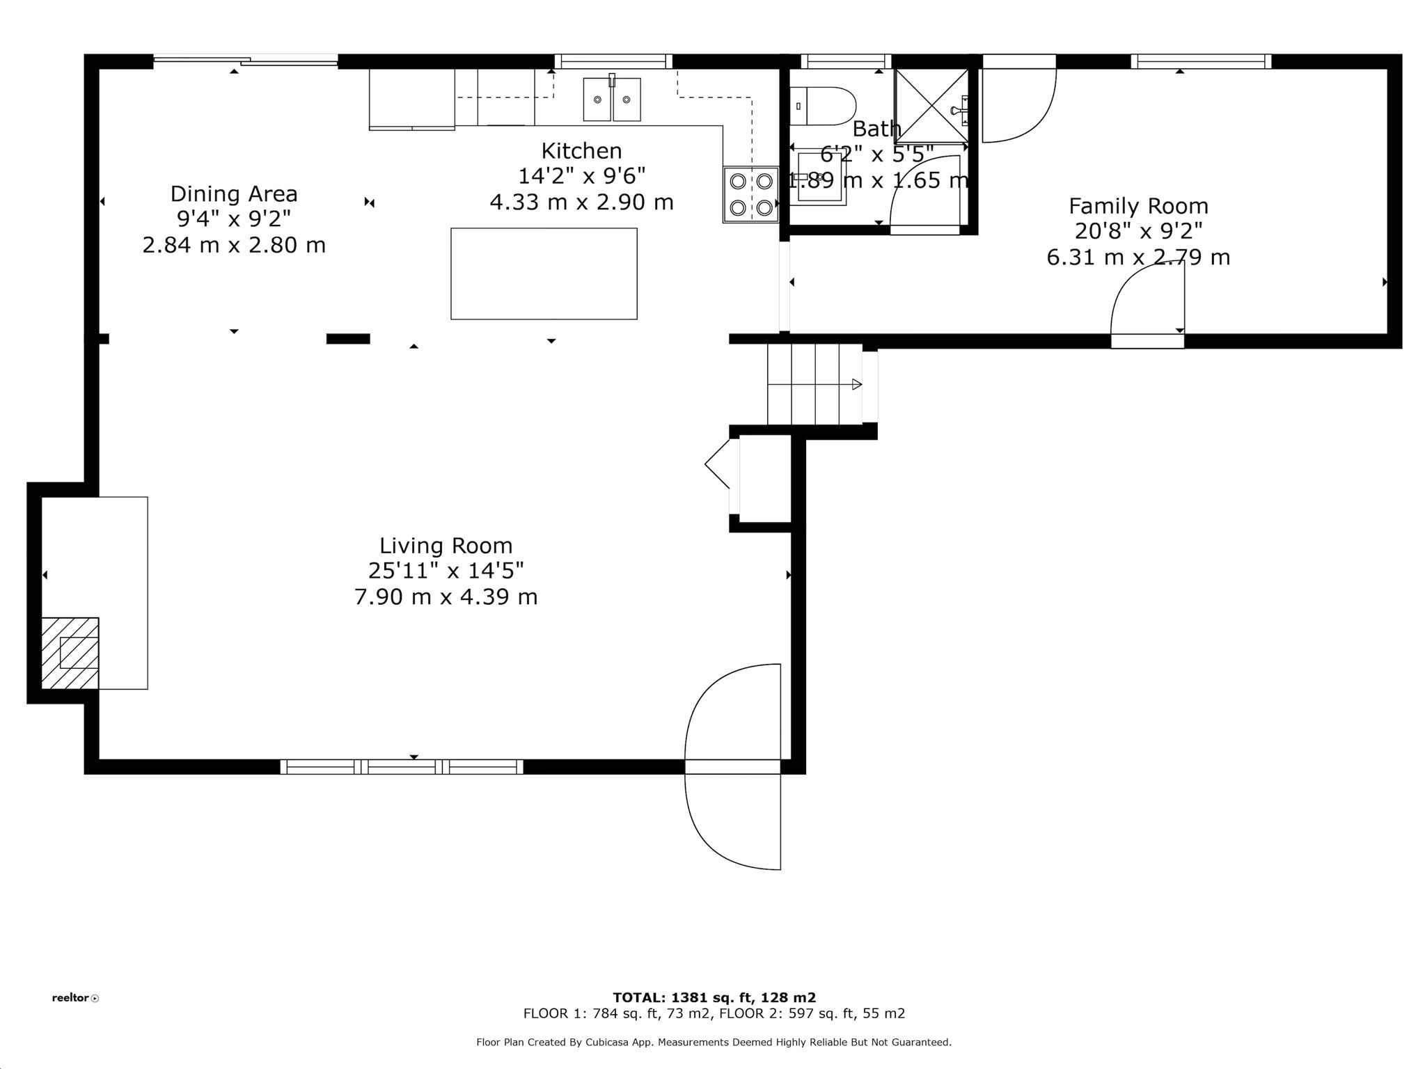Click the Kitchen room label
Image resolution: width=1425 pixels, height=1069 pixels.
pos(581,151)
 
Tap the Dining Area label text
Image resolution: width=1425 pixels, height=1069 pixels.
pos(234,193)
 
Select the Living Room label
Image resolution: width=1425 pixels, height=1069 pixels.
pos(446,546)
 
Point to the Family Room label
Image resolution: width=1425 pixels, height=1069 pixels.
pos(1138,206)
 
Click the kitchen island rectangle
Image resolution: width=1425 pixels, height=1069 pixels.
pos(544,274)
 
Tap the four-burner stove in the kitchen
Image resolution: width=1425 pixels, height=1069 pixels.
pos(750,194)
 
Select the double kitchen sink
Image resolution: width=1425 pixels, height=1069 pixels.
pos(612,100)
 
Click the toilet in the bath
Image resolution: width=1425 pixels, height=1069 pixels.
pos(821,106)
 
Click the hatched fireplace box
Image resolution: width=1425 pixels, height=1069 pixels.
pos(70,653)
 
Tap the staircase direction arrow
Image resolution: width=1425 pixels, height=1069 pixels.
pos(856,384)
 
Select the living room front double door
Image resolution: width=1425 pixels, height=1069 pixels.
pos(732,766)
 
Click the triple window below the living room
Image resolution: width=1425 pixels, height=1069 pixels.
pos(402,767)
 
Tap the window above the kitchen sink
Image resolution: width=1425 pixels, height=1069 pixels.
pos(613,61)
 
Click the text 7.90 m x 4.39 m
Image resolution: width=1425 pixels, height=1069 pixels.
pos(446,597)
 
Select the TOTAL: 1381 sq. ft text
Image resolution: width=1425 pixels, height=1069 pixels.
pos(714,997)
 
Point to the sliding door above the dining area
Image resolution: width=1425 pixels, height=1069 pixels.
pos(245,61)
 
